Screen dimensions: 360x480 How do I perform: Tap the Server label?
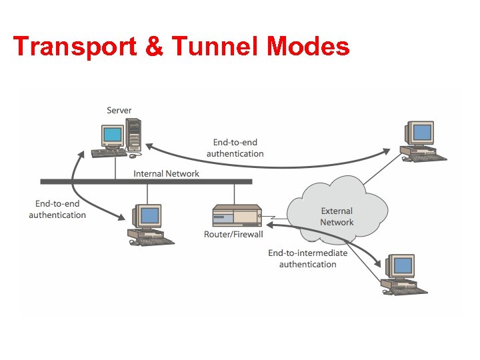point(119,110)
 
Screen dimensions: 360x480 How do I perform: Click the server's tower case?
point(134,134)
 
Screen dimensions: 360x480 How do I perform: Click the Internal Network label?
point(166,173)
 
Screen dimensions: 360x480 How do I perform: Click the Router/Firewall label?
point(233,234)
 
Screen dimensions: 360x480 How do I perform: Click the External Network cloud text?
point(337,217)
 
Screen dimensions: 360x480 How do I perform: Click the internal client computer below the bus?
point(147,223)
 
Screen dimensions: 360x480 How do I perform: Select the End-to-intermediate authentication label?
point(307,259)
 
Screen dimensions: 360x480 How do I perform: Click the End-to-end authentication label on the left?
point(57,209)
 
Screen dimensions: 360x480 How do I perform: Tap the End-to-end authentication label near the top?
point(235,148)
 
